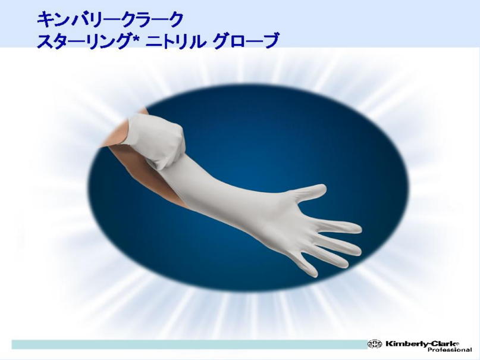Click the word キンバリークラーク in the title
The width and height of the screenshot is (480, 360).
pyautogui.click(x=110, y=20)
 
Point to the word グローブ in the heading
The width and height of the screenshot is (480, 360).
pyautogui.click(x=246, y=41)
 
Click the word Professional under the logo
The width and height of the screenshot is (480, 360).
pyautogui.click(x=450, y=350)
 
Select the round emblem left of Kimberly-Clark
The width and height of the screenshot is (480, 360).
pyautogui.click(x=375, y=344)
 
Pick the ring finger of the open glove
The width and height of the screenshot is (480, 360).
pyautogui.click(x=328, y=257)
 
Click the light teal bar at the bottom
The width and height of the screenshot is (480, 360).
pyautogui.click(x=189, y=345)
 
